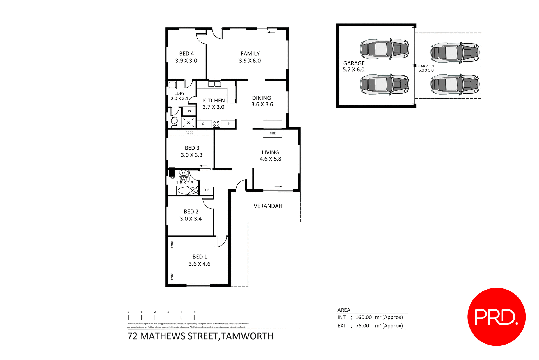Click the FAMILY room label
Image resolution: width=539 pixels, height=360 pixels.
[x=250, y=53]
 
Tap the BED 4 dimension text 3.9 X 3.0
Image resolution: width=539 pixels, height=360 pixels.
[x=186, y=61]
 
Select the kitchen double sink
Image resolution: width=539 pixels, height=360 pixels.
[x=214, y=84]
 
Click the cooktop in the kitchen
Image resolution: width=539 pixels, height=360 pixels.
[x=216, y=124]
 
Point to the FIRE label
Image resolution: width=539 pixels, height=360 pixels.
[x=273, y=133]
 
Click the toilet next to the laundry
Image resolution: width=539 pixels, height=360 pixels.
[x=174, y=122]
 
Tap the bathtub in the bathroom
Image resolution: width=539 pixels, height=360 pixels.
[x=188, y=191]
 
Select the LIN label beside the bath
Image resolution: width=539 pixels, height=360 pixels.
[x=207, y=190]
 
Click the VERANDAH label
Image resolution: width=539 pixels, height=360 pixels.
[x=268, y=206]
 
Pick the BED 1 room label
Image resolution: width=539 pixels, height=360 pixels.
[x=200, y=257]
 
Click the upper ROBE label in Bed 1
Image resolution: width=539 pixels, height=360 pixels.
[x=172, y=244]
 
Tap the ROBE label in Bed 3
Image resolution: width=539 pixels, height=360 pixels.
[x=189, y=133]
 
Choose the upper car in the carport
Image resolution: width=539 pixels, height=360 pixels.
[x=455, y=53]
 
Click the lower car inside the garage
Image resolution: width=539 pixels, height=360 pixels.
[x=384, y=84]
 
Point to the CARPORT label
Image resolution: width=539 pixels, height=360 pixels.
[x=426, y=66]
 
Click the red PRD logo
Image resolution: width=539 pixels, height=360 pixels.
[x=496, y=317]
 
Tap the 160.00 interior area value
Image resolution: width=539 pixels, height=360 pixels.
[x=363, y=317]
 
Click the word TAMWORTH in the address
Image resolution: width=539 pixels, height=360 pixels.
[x=247, y=336]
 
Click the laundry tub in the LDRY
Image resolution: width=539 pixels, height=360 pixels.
[x=172, y=85]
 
